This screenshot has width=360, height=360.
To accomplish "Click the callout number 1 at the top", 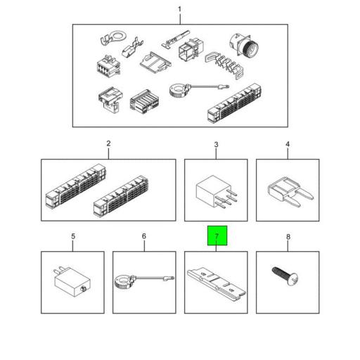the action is point(179,10).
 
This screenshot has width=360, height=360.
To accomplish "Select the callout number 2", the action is point(108,143).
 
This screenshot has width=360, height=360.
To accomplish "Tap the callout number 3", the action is point(216,145).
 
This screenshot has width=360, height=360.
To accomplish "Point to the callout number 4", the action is point(288,144).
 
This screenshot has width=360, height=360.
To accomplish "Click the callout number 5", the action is point(73,236).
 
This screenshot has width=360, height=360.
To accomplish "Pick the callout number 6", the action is point(144,236).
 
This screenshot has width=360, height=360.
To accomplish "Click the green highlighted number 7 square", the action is point(217,236).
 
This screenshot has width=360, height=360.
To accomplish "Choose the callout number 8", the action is point(288,237).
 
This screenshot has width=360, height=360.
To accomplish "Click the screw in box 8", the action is point(285,276).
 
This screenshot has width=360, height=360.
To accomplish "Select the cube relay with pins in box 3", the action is point(216,192).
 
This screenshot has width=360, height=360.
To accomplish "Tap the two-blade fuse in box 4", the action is point(290,191).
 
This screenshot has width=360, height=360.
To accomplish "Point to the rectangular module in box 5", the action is point(72,281).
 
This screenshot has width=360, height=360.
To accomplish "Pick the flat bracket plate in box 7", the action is point(216,284).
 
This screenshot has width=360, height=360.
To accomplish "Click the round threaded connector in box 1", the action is point(244,45).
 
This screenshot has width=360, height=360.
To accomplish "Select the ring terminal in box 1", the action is point(113,37).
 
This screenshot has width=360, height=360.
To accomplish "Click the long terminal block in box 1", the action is point(234,103).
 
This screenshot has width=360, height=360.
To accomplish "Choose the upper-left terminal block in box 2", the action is point(75,186).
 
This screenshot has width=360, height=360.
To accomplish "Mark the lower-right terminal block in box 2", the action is point(121,196).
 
